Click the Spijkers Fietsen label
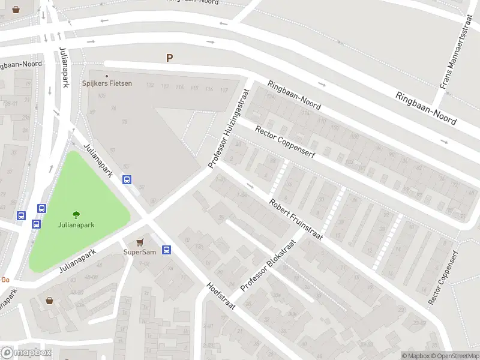[107, 83]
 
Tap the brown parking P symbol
[169, 58]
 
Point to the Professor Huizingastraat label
[229, 128]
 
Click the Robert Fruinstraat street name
[296, 220]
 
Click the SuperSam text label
[137, 252]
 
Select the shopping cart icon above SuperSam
[140, 241]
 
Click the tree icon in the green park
[76, 215]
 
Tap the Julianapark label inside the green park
[76, 226]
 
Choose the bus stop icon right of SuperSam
[166, 250]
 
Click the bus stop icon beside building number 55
[127, 179]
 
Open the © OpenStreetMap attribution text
[455, 356]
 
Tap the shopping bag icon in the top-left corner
[15, 10]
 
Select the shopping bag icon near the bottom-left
[49, 300]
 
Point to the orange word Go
[5, 280]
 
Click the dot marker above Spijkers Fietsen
[107, 76]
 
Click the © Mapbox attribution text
[415, 356]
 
